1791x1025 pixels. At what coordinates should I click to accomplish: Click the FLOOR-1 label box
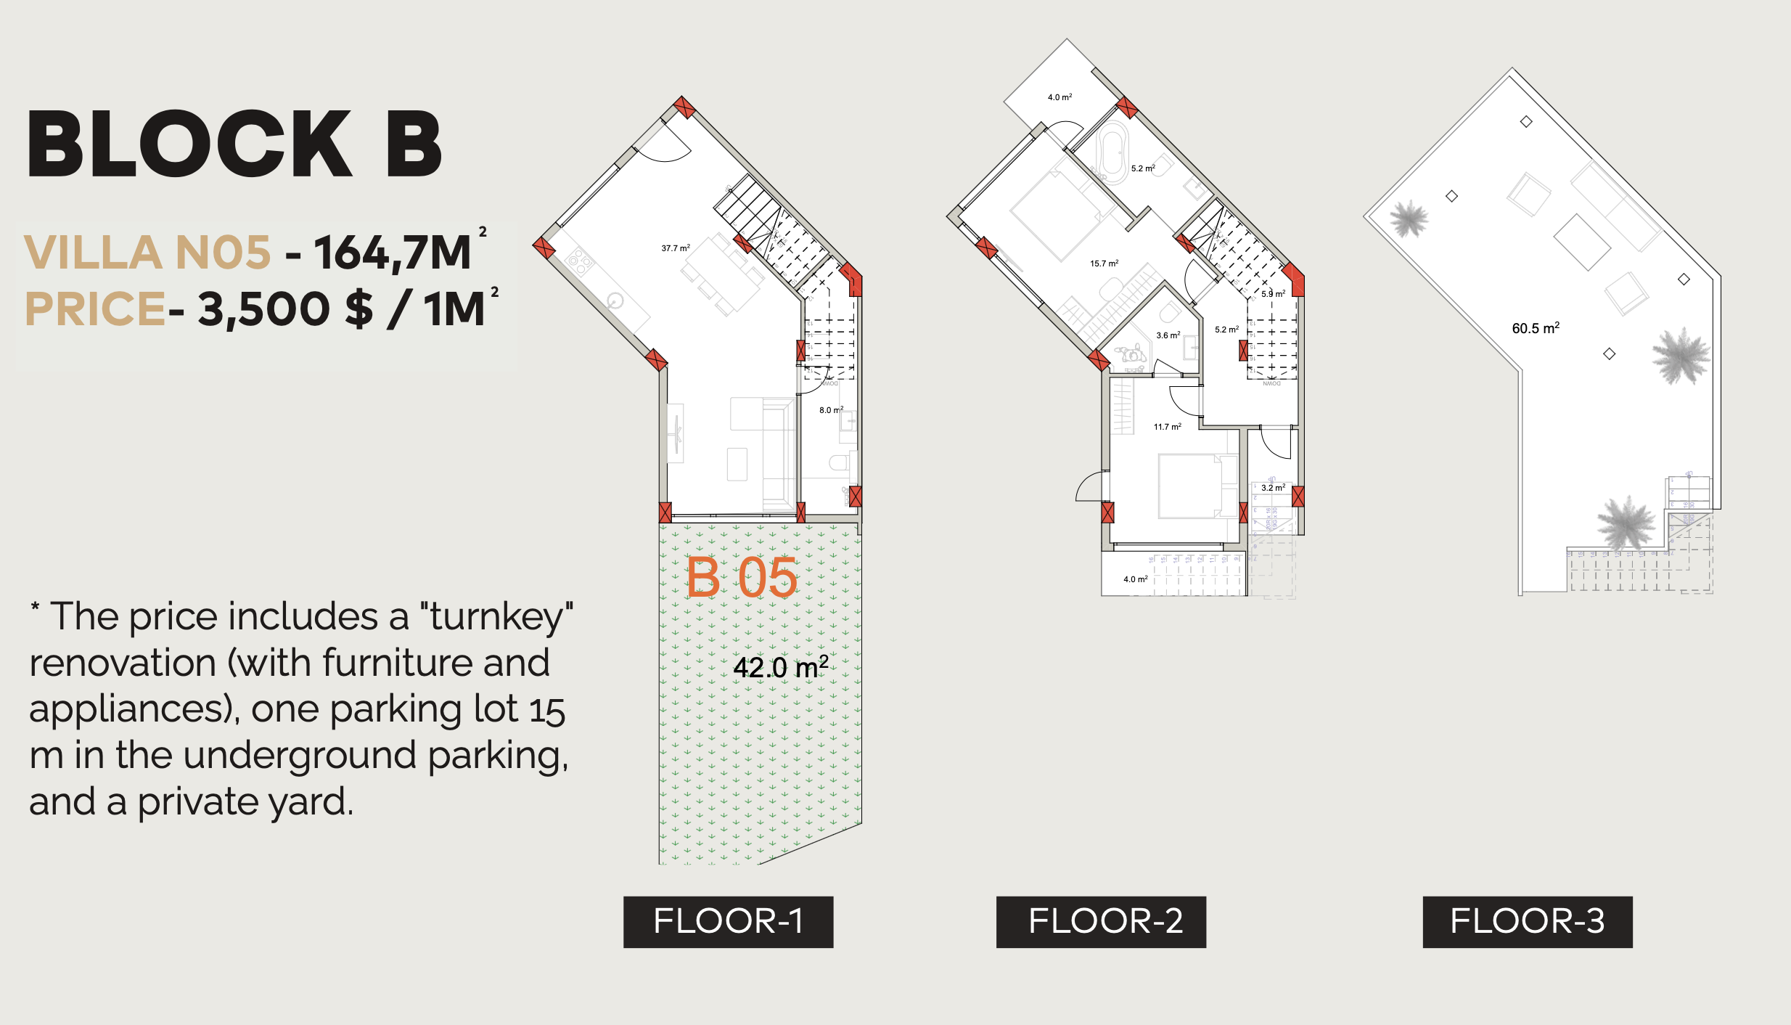pos(728,921)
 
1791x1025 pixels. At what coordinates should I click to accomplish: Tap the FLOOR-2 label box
pos(1101,921)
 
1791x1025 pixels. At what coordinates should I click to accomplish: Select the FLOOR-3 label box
pos(1527,921)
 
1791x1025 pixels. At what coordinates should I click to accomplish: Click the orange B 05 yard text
pos(741,579)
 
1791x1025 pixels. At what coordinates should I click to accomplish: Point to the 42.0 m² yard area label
pos(780,667)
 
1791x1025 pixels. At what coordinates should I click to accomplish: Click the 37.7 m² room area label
pos(675,248)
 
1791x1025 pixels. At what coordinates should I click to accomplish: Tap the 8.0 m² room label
pos(831,410)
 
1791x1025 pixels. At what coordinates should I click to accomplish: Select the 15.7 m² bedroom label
pos(1104,264)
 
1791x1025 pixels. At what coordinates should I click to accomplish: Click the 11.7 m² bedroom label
pos(1167,427)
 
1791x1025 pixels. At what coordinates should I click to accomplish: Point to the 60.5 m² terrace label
pos(1536,328)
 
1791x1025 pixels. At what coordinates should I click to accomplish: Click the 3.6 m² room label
pos(1168,335)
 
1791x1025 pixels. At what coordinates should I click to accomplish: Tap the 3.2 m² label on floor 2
pos(1273,488)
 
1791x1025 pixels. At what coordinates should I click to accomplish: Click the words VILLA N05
pos(147,253)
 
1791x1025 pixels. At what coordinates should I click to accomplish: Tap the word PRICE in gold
pos(95,309)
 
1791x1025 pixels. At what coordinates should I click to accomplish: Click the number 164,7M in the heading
pos(393,253)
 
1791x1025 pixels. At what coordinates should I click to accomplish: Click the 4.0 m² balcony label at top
pos(1060,97)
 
